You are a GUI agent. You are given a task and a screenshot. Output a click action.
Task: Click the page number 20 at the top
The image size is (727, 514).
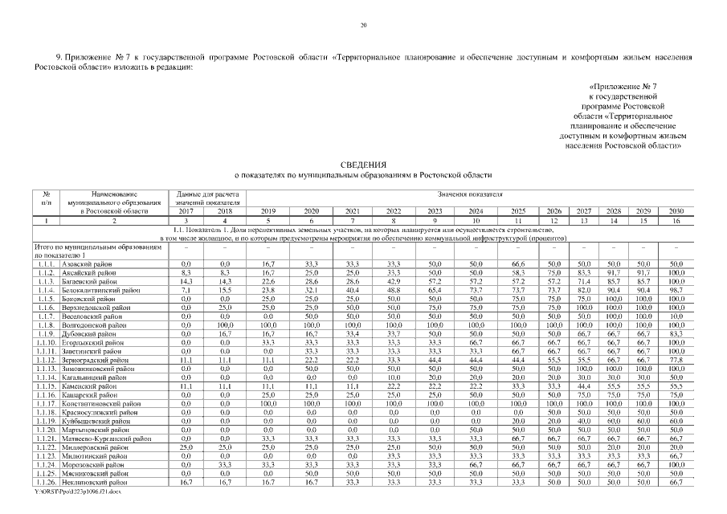[x=363, y=27]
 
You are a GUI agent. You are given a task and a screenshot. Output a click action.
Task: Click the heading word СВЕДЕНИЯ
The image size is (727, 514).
[x=363, y=163]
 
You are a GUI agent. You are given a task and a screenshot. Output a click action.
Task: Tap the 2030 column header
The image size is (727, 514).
[x=676, y=210]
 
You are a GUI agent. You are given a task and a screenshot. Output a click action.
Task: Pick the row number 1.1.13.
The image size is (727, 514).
[x=47, y=368]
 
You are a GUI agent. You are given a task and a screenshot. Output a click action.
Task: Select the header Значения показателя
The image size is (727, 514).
[x=470, y=194]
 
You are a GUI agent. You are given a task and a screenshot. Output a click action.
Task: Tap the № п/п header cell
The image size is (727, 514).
[x=47, y=198]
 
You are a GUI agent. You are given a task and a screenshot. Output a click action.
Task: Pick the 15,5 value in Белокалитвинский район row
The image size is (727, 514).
[x=225, y=289]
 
